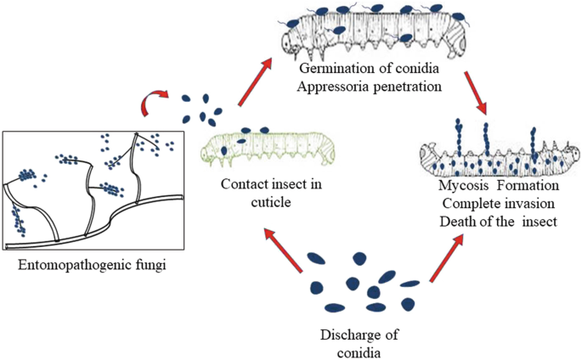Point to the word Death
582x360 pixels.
point(459,222)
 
